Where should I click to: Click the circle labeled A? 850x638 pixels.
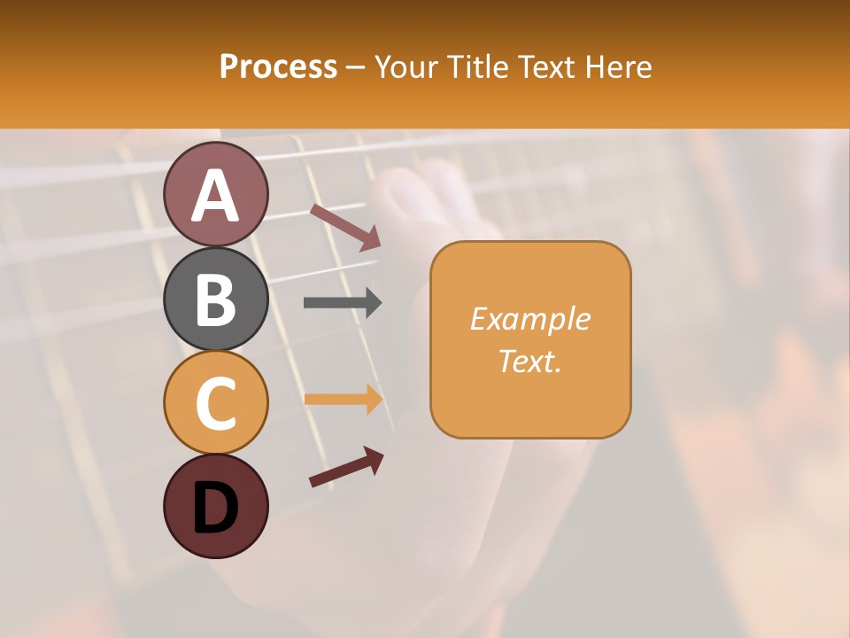(215, 194)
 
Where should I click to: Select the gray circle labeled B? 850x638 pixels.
(215, 299)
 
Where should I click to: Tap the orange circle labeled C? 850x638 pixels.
(215, 402)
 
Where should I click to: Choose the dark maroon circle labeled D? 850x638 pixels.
(215, 507)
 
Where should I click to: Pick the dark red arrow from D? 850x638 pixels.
(346, 467)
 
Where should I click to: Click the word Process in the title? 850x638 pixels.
(278, 66)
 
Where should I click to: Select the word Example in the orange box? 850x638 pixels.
(529, 319)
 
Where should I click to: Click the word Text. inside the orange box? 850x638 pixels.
(529, 361)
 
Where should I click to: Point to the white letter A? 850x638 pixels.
(215, 196)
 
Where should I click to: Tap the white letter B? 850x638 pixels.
(215, 300)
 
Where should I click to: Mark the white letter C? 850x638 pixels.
(215, 403)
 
